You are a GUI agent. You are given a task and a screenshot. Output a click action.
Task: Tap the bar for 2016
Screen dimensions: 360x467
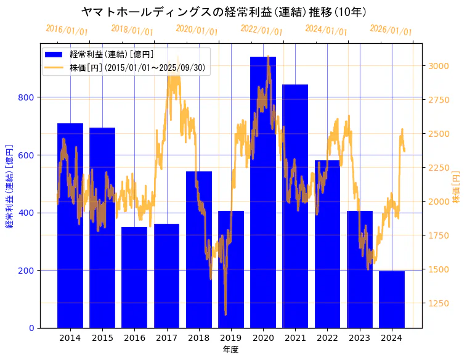134,277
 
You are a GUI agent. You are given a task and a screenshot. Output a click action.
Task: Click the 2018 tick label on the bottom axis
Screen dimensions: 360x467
198,338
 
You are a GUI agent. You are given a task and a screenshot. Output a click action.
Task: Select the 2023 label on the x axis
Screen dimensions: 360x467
359,338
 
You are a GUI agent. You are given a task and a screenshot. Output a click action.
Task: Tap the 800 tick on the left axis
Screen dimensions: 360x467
28,97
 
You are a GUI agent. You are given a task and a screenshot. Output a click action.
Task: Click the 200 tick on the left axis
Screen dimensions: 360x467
28,271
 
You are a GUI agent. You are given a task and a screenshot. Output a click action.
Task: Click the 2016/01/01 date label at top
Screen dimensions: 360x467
67,30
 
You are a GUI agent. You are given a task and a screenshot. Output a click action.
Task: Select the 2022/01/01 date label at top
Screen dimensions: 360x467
262,30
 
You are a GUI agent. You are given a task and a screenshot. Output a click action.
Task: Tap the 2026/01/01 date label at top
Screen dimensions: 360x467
391,30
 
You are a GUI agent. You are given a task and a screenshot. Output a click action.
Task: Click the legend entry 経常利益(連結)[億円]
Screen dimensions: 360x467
112,55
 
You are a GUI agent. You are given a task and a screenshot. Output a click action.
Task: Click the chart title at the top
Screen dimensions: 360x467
224,12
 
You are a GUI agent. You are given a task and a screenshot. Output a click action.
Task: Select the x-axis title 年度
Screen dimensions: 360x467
230,350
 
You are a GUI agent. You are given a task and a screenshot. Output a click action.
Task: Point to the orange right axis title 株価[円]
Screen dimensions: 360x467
457,187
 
